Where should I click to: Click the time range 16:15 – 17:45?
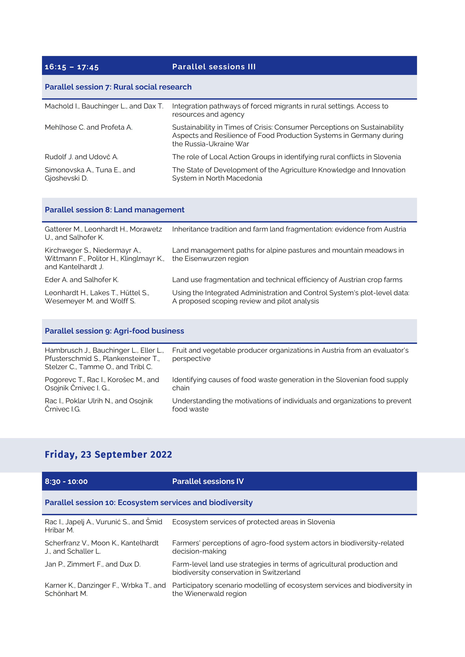[72, 67]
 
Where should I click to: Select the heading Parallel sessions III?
[214, 67]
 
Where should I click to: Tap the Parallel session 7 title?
[118, 87]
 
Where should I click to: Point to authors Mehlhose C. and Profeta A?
[88, 127]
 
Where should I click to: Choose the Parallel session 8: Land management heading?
[115, 210]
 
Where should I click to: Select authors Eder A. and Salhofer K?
[82, 280]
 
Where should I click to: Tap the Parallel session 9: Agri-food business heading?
[114, 331]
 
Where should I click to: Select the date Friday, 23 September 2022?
[108, 454]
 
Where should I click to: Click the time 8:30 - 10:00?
[66, 481]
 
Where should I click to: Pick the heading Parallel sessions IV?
[208, 481]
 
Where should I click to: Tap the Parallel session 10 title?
[149, 502]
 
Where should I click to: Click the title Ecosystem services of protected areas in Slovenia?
[253, 522]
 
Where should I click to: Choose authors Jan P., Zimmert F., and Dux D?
[92, 564]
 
